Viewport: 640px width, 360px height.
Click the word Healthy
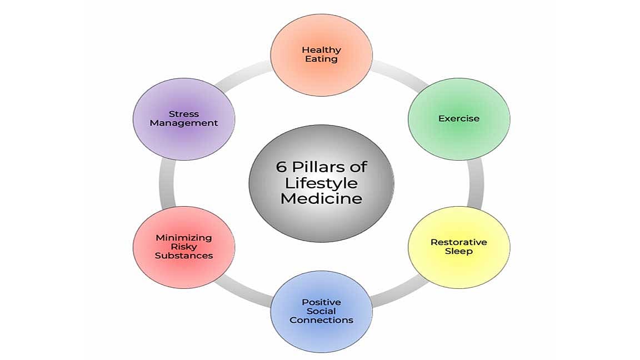point(321,49)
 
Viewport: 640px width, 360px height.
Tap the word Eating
point(321,58)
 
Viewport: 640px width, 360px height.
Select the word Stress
point(183,114)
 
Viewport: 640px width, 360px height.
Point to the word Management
point(183,123)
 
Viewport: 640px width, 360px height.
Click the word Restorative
point(459,242)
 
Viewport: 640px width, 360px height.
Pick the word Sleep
point(459,251)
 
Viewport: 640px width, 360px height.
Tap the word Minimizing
point(183,238)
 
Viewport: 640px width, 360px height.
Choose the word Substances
point(183,256)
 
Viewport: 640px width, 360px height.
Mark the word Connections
point(321,320)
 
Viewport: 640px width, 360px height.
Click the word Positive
point(321,302)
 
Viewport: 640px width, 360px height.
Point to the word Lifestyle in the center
point(321,183)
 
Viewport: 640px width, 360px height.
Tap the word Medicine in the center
point(321,198)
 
